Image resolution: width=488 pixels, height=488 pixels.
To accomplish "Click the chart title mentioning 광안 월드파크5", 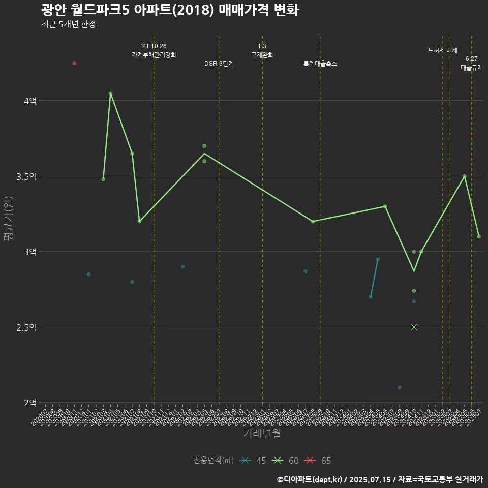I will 170,10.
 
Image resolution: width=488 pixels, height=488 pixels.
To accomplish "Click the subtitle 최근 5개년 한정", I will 68,24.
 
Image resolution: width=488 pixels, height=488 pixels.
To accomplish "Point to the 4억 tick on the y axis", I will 29,101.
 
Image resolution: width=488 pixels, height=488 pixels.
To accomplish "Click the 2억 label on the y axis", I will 29,403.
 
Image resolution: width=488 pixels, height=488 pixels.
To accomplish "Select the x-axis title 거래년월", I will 262,433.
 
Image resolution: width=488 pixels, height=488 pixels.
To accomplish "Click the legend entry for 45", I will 254,461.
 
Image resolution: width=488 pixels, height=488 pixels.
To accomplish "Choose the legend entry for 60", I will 286,461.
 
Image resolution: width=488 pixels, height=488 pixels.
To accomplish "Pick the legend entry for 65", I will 319,461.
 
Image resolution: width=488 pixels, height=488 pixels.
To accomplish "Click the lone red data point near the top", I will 74,63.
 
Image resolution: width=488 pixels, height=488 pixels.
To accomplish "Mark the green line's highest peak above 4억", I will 110,93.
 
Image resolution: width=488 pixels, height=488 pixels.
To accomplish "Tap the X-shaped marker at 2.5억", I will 414,327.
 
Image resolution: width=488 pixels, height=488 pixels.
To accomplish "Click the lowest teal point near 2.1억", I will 400,387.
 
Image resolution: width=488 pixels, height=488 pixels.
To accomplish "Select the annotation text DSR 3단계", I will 219,64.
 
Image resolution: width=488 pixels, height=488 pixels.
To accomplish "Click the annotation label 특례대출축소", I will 320,64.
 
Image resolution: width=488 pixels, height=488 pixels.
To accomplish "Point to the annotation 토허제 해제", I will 443,50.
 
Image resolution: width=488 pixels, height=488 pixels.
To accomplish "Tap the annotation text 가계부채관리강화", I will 154,55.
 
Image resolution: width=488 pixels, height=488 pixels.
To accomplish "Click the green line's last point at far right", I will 479,236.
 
